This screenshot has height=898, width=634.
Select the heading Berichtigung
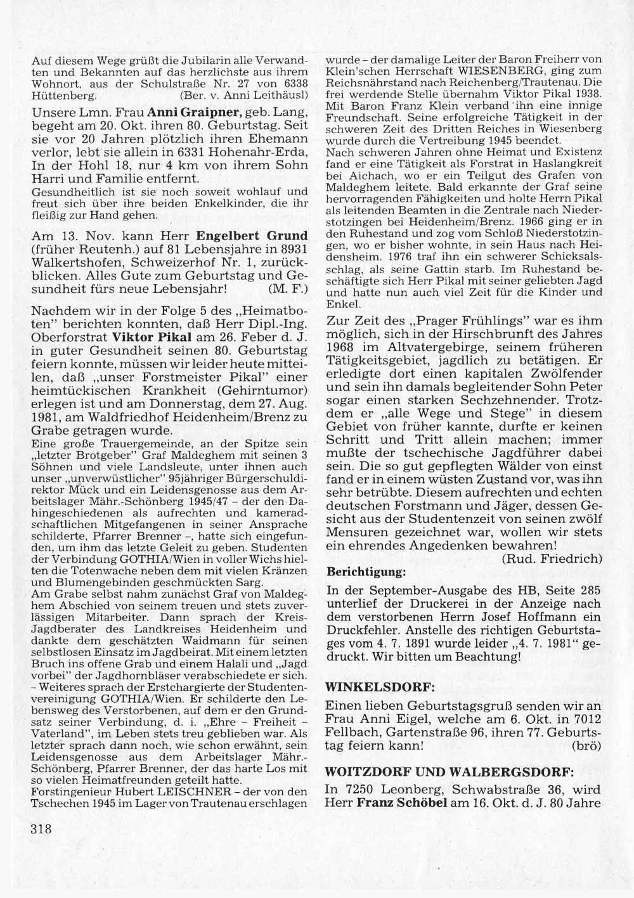365,572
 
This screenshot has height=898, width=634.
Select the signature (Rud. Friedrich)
551,558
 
